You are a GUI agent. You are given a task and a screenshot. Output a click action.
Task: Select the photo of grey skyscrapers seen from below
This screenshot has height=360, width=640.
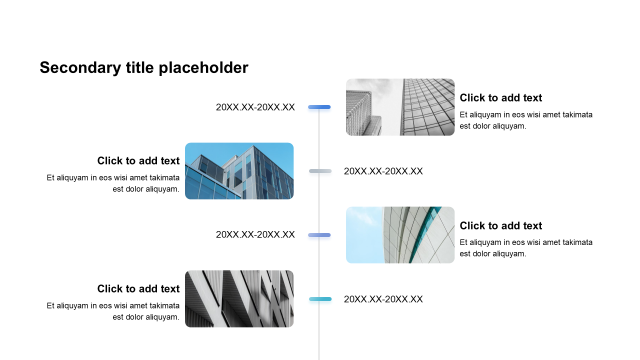click(x=400, y=107)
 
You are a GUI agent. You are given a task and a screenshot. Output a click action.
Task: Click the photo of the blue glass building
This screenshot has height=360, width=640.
click(x=239, y=171)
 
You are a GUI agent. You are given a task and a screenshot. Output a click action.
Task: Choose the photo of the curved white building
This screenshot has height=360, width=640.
click(x=400, y=235)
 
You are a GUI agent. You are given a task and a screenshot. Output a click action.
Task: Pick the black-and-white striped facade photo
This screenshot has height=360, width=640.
click(x=239, y=299)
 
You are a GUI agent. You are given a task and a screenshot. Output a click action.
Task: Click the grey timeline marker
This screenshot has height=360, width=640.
click(x=320, y=171)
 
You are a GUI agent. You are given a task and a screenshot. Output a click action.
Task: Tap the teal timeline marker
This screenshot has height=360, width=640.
click(x=320, y=299)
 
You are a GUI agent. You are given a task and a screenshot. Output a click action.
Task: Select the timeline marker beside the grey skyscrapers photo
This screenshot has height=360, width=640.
click(x=319, y=107)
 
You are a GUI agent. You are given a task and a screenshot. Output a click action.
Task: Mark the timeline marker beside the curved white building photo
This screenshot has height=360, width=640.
click(x=319, y=235)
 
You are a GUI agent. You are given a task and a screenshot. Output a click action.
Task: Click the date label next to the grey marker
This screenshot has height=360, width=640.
click(x=383, y=171)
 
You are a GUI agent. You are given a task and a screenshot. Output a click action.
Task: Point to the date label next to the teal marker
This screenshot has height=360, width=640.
click(x=383, y=299)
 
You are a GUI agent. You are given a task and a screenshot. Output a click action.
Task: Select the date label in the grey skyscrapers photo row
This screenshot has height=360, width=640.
click(x=255, y=107)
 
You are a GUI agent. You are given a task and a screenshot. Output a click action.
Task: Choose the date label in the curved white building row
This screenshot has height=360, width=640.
click(x=255, y=234)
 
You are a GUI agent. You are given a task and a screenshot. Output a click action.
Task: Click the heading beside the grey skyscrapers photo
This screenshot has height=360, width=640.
click(x=500, y=97)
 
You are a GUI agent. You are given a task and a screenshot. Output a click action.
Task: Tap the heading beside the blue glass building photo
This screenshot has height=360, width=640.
click(x=138, y=160)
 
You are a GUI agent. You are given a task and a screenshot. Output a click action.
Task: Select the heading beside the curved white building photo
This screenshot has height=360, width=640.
click(x=500, y=225)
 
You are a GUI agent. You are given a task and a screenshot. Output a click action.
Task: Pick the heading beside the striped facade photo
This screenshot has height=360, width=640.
click(x=138, y=288)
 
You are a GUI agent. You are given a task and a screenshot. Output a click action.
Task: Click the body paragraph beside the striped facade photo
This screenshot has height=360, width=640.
click(x=113, y=311)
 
